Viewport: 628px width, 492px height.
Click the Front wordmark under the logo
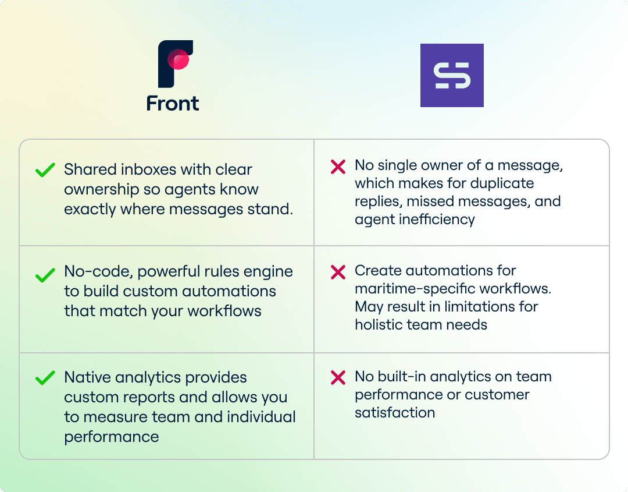tap(173, 104)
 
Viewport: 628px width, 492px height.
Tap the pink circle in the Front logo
tap(179, 59)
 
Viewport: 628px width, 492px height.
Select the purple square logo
tap(452, 75)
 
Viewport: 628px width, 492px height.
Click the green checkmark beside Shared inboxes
tap(45, 169)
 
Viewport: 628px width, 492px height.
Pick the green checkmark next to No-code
tap(45, 275)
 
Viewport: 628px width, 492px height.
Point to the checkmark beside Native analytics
tap(45, 378)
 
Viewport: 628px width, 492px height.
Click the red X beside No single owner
tap(338, 167)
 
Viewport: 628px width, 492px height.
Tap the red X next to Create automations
tap(338, 272)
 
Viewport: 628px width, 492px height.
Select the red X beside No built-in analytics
tap(338, 378)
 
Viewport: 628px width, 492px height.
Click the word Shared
tap(90, 169)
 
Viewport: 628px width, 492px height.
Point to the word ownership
tap(101, 189)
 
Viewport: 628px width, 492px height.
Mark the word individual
tap(261, 417)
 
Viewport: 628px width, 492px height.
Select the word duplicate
tap(502, 183)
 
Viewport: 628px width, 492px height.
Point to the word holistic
tap(379, 324)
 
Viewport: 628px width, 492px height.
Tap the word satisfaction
tap(395, 413)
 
